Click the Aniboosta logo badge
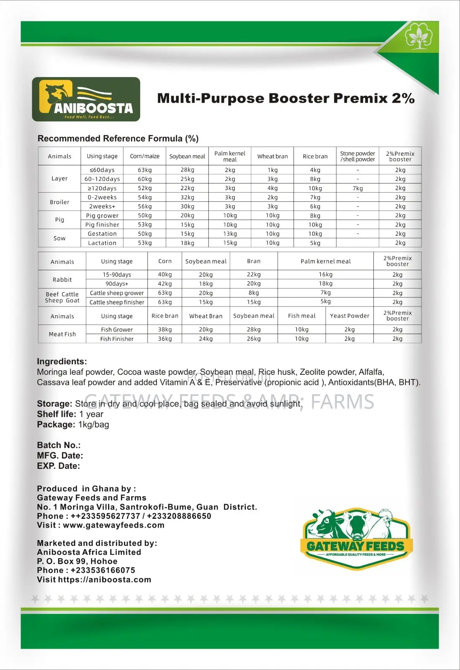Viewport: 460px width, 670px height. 86,100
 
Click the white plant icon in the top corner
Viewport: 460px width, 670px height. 416,36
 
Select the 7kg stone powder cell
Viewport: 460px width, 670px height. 357,188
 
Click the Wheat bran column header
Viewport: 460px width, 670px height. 272,157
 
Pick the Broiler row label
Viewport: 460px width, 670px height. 59,202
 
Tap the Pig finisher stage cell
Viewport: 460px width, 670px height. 102,225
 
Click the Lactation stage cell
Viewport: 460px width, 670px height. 102,243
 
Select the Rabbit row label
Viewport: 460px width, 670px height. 62,280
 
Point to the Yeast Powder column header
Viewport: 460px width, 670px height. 349,316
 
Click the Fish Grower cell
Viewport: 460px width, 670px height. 117,330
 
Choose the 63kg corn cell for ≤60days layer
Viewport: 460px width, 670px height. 145,170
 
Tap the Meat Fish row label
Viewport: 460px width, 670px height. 62,334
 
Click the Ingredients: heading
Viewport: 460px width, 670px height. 62,361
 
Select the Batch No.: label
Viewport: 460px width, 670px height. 59,445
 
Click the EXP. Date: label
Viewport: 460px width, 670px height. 58,466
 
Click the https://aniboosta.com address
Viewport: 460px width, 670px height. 105,580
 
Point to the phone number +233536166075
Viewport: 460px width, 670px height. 103,570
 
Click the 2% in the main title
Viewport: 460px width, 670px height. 403,98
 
